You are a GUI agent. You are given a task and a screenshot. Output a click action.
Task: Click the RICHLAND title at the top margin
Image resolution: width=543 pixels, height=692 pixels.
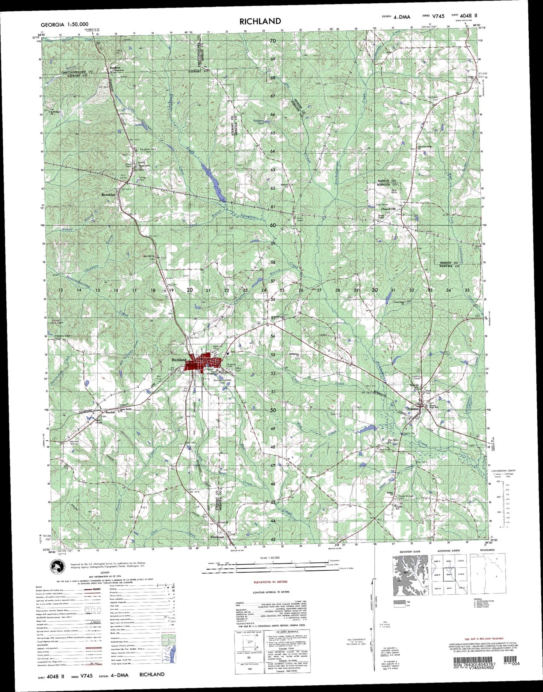point(260,21)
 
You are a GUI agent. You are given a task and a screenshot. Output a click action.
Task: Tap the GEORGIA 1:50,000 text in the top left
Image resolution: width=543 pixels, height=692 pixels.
point(64,24)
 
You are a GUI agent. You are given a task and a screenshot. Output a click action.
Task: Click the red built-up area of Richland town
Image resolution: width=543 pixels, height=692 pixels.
point(205,362)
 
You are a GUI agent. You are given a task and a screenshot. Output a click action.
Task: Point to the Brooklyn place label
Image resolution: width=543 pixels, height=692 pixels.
point(108,195)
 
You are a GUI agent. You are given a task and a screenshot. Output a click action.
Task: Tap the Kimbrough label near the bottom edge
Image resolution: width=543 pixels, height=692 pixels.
point(217,537)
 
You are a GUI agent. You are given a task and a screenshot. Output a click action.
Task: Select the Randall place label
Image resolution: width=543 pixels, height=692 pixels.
point(110,412)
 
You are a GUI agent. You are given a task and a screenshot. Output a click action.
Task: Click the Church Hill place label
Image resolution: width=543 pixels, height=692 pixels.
point(389,209)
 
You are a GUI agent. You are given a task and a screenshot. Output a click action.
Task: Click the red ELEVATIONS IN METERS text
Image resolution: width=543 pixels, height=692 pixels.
point(270,582)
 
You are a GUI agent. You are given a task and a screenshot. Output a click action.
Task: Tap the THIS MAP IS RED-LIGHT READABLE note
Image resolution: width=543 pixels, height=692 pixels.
point(484,639)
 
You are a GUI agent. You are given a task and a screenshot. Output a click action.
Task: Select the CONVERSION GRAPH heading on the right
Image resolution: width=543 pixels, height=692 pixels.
point(503,470)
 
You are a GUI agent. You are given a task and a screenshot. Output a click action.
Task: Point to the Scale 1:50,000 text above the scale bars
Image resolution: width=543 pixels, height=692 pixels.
point(270,558)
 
